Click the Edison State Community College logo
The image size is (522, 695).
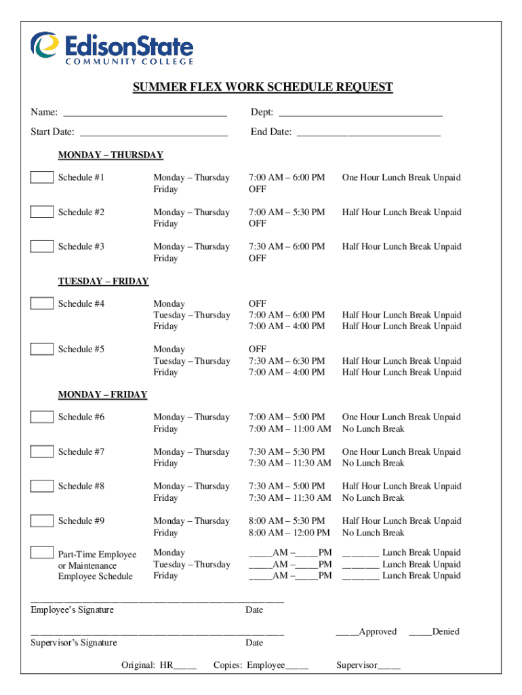(x=112, y=48)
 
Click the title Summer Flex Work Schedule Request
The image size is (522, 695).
(x=262, y=88)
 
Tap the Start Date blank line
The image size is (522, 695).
(x=153, y=133)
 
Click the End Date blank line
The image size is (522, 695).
(x=369, y=133)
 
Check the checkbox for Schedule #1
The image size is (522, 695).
(x=42, y=178)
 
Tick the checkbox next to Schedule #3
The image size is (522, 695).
(x=42, y=246)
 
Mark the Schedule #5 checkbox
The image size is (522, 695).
(x=42, y=349)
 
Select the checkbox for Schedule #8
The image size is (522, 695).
(x=42, y=486)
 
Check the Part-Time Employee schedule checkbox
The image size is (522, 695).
(x=42, y=552)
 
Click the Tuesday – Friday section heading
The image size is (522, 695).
(x=103, y=281)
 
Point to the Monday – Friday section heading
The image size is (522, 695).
(x=102, y=394)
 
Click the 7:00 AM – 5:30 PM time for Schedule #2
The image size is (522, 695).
(x=287, y=212)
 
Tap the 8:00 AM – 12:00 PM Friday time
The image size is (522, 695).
(x=289, y=533)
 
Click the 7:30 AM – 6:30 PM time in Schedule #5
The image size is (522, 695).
(x=287, y=361)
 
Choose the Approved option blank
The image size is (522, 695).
(x=347, y=633)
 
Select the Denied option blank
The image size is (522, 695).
(x=420, y=633)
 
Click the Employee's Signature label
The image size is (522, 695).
(x=73, y=610)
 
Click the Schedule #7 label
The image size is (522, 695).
(x=81, y=452)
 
